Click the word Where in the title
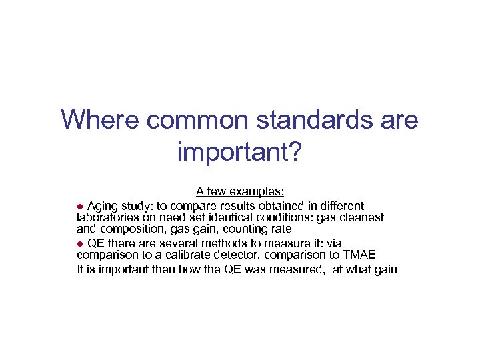pyautogui.click(x=99, y=121)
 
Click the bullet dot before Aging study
pyautogui.click(x=81, y=206)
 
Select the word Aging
pyautogui.click(x=103, y=205)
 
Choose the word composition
pyautogui.click(x=132, y=229)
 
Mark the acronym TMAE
pyautogui.click(x=359, y=255)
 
